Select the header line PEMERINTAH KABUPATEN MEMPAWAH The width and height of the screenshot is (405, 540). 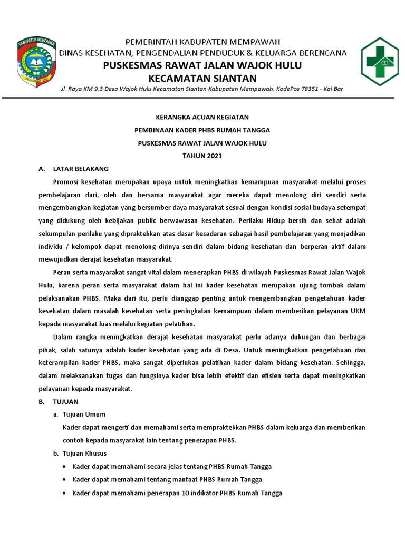pyautogui.click(x=202, y=42)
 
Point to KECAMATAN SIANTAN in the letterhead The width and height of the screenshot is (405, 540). pyautogui.click(x=202, y=77)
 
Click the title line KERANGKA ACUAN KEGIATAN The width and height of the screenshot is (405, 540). pyautogui.click(x=202, y=117)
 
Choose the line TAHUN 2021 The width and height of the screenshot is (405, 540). pyautogui.click(x=202, y=156)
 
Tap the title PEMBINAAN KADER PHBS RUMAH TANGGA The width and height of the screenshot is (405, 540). pyautogui.click(x=202, y=130)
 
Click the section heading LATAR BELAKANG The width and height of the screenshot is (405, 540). pyautogui.click(x=81, y=169)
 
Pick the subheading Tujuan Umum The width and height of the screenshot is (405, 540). pyautogui.click(x=84, y=414)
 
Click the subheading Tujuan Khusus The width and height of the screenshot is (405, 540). pyautogui.click(x=84, y=453)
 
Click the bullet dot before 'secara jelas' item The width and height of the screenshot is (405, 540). pyautogui.click(x=64, y=467)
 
